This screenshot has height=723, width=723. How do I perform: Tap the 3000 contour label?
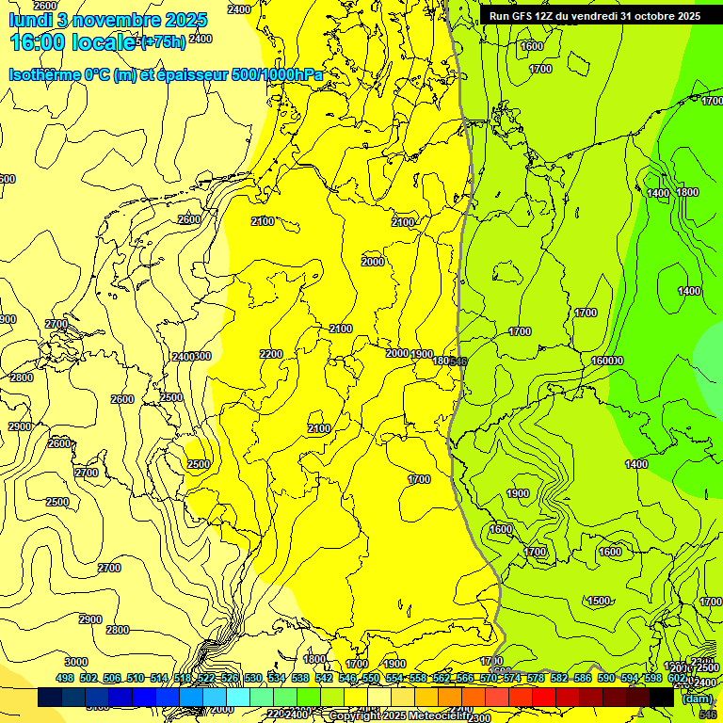pos(75,662)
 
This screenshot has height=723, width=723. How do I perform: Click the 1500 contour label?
pos(599,601)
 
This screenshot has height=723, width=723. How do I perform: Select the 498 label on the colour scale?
pos(65,678)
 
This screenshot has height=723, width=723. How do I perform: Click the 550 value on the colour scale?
pos(371,678)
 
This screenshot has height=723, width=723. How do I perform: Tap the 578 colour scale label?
pos(536,678)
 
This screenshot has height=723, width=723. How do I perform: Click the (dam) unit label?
pos(697,699)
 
